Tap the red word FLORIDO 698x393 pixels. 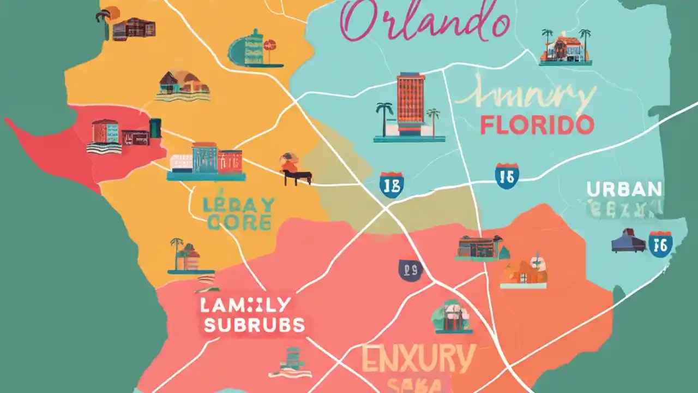(x=537, y=125)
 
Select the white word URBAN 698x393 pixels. (x=624, y=189)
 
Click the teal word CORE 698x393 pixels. (x=238, y=223)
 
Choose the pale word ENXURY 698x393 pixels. (x=418, y=360)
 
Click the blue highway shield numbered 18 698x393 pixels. (x=392, y=184)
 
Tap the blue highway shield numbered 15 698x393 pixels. (x=507, y=176)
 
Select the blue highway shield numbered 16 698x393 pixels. (x=660, y=244)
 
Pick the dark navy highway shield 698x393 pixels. (x=410, y=270)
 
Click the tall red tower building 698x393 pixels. (x=411, y=98)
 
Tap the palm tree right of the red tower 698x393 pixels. (x=434, y=120)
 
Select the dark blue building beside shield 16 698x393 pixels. (x=628, y=241)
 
